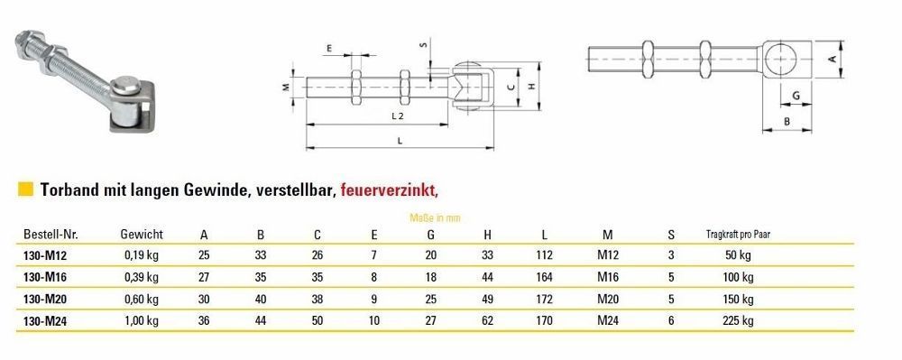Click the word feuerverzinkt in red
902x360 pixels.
click(x=389, y=189)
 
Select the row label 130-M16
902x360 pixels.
click(x=45, y=278)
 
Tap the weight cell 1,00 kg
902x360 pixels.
click(x=142, y=321)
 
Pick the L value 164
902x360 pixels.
click(x=544, y=277)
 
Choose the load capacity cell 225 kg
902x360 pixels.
click(x=738, y=321)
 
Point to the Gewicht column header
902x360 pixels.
click(x=142, y=234)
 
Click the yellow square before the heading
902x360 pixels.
click(x=25, y=189)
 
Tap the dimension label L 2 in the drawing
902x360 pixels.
click(x=398, y=115)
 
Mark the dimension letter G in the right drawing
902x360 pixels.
click(x=796, y=96)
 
